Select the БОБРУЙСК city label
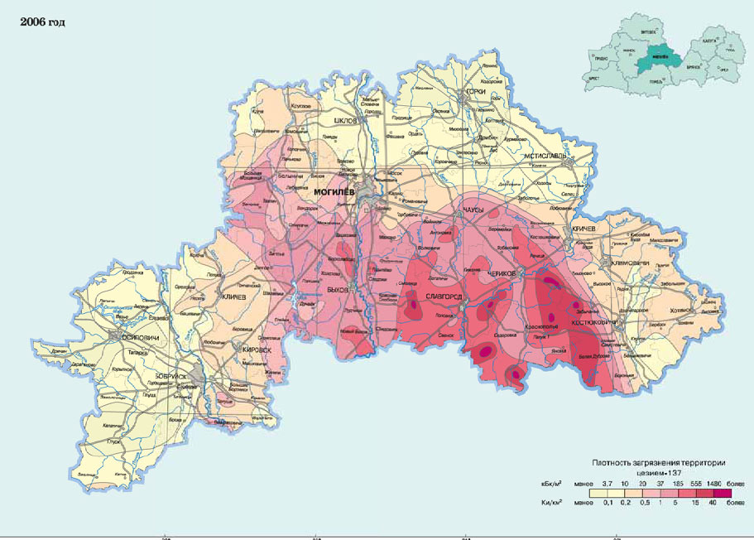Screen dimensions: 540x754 176,377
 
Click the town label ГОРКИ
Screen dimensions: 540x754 474,92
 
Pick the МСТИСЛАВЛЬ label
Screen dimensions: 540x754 545,155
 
